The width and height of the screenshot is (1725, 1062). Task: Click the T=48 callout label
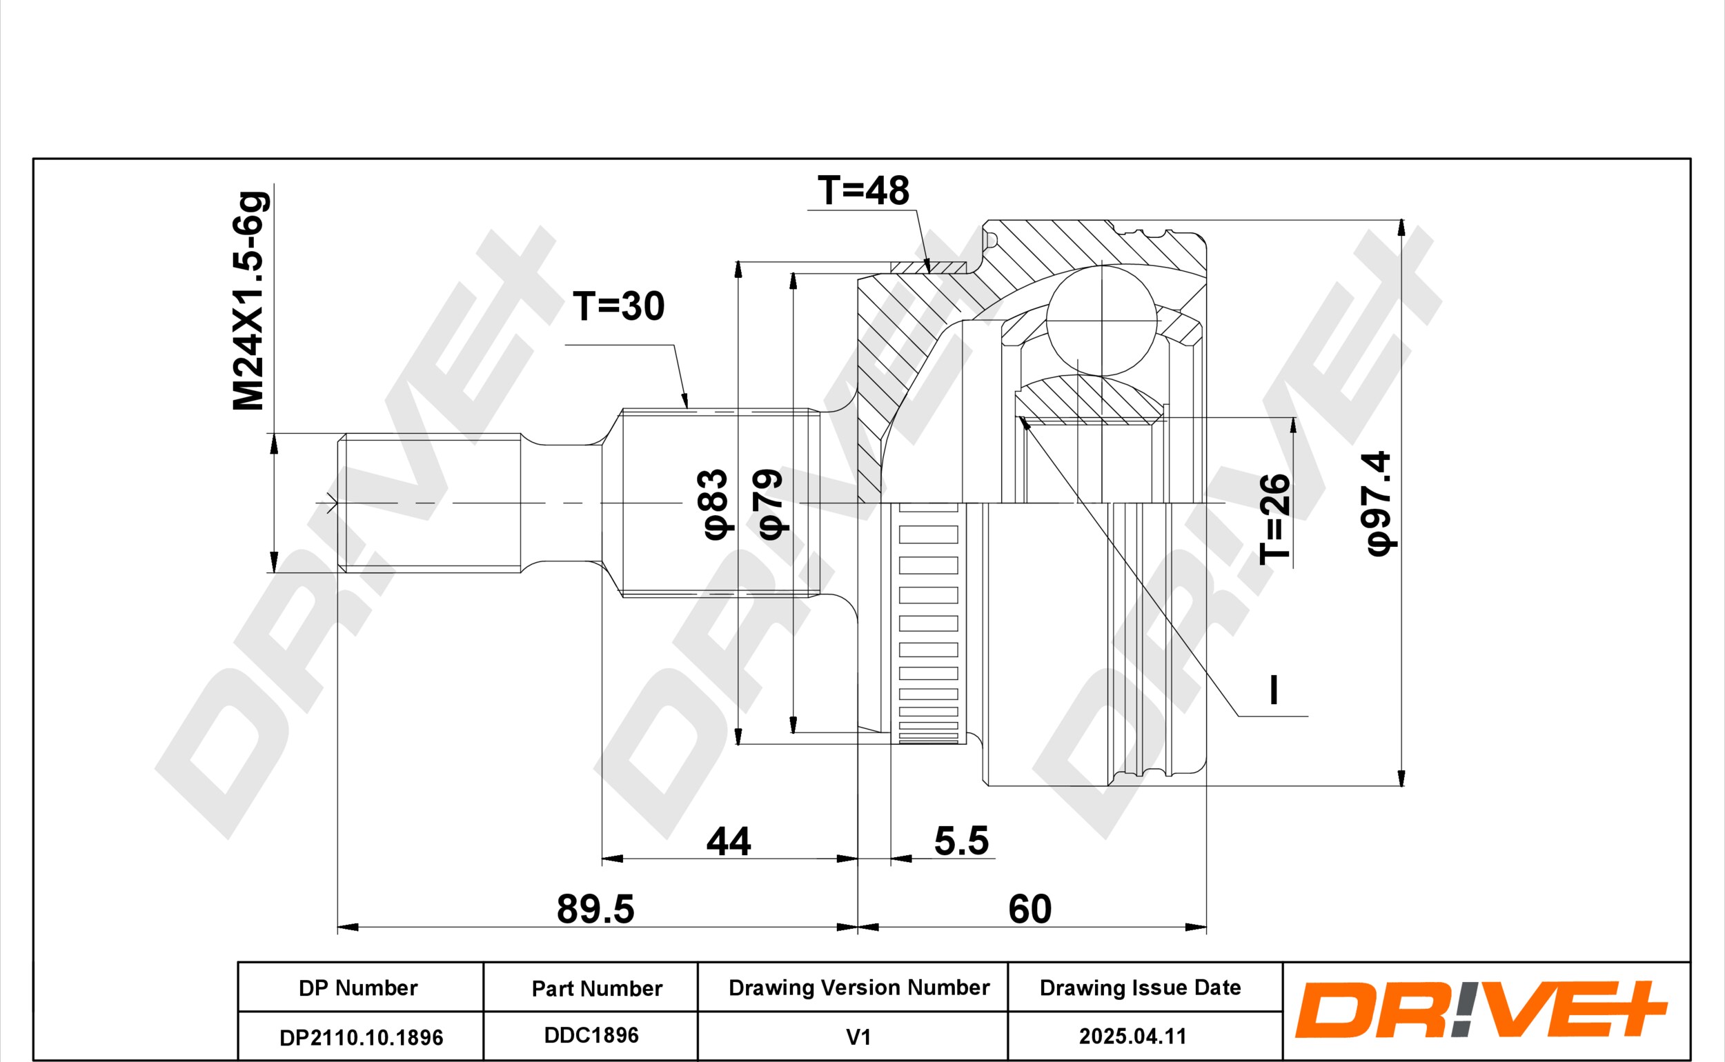(863, 190)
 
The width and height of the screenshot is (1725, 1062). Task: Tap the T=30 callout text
(618, 306)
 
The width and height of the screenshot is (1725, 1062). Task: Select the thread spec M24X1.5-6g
(250, 301)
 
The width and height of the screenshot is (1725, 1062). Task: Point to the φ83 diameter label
(716, 504)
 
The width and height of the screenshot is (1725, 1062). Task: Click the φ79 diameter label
(770, 504)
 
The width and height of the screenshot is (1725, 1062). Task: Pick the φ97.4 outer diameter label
(1379, 503)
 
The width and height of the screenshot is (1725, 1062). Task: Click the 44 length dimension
(729, 841)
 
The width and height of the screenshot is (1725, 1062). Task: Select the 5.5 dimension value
(961, 841)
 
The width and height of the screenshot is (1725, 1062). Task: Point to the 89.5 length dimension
(595, 909)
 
